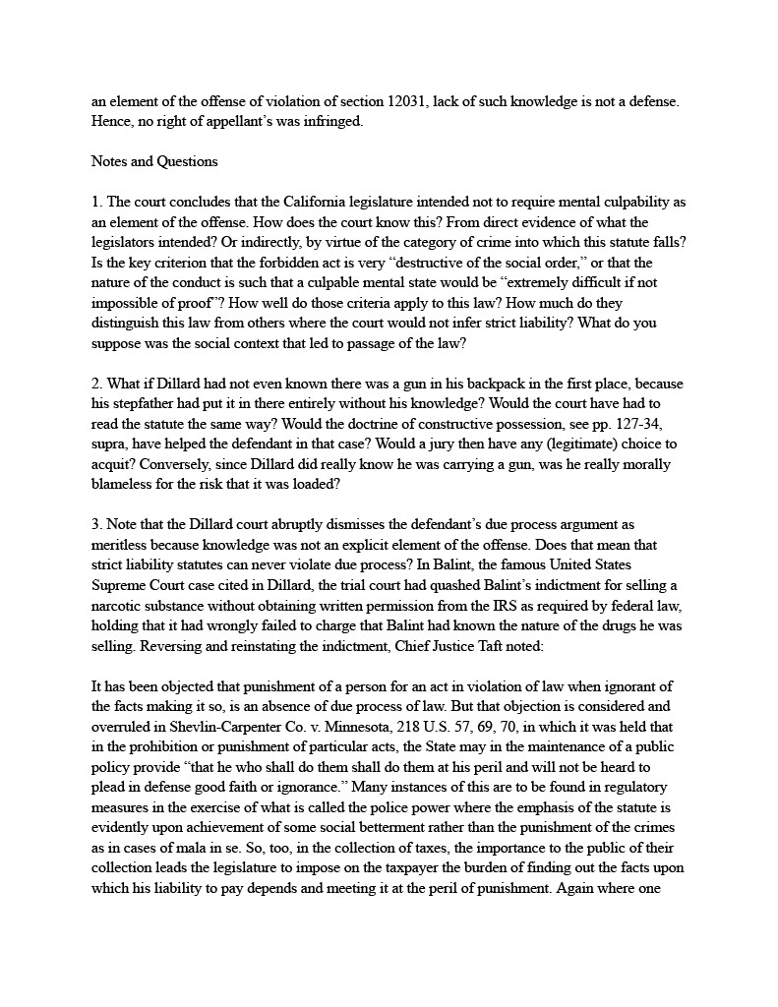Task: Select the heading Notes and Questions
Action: click(x=154, y=161)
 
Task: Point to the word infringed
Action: click(x=327, y=122)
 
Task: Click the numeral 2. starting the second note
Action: click(x=96, y=383)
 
